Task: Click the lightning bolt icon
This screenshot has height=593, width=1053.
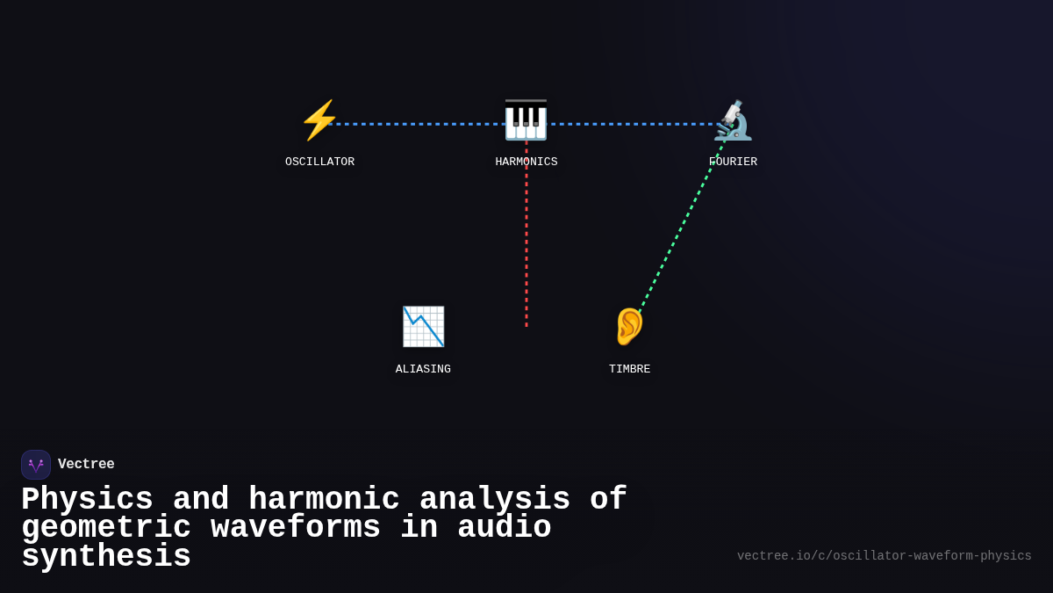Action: click(319, 120)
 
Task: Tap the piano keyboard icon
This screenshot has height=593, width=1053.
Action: click(526, 120)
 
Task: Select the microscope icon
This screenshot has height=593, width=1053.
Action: click(733, 120)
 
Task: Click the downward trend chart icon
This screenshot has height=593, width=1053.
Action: click(423, 327)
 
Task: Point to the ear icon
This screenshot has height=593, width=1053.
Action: click(629, 327)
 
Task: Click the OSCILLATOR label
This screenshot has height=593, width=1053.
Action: click(319, 163)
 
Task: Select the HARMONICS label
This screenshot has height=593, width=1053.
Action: click(526, 163)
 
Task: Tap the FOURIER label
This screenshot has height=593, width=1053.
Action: click(733, 163)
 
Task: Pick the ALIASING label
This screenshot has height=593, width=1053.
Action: click(423, 370)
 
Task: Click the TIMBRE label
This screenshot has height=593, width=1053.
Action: click(629, 370)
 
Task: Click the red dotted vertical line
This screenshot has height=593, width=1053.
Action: click(526, 246)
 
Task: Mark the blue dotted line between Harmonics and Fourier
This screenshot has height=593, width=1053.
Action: click(632, 124)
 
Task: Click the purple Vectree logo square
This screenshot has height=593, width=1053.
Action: click(36, 465)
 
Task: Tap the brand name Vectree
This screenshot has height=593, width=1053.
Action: click(86, 465)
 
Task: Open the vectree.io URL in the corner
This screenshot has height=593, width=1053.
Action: click(884, 556)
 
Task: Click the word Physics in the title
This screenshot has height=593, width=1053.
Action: click(87, 500)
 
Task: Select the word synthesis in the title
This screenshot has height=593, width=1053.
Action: click(106, 557)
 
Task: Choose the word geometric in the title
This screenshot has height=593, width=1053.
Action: click(106, 528)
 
